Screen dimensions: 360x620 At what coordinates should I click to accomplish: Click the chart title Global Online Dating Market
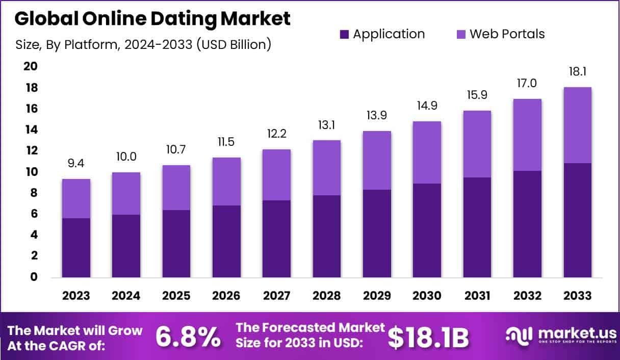(x=152, y=19)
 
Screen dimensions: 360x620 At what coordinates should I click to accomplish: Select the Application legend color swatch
(x=344, y=34)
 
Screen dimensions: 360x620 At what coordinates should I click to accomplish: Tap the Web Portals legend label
(x=507, y=34)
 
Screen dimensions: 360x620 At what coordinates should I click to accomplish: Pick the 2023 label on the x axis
(x=76, y=296)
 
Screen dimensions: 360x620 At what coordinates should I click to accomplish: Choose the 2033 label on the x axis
(x=577, y=296)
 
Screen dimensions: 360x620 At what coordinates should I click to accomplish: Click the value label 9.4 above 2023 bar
(x=76, y=163)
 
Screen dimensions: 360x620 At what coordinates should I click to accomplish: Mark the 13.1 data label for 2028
(x=327, y=124)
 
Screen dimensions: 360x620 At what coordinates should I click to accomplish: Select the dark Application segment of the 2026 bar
(x=226, y=241)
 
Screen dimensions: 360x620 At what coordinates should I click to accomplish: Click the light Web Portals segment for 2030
(x=427, y=152)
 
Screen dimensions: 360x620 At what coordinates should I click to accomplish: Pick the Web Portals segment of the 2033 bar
(x=577, y=125)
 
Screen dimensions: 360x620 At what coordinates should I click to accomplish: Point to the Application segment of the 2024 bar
(x=126, y=246)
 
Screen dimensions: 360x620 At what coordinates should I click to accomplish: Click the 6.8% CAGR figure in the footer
(x=188, y=337)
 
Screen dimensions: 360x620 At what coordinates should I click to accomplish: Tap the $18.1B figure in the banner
(x=428, y=337)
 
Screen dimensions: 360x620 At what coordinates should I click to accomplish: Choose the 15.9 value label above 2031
(x=477, y=95)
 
